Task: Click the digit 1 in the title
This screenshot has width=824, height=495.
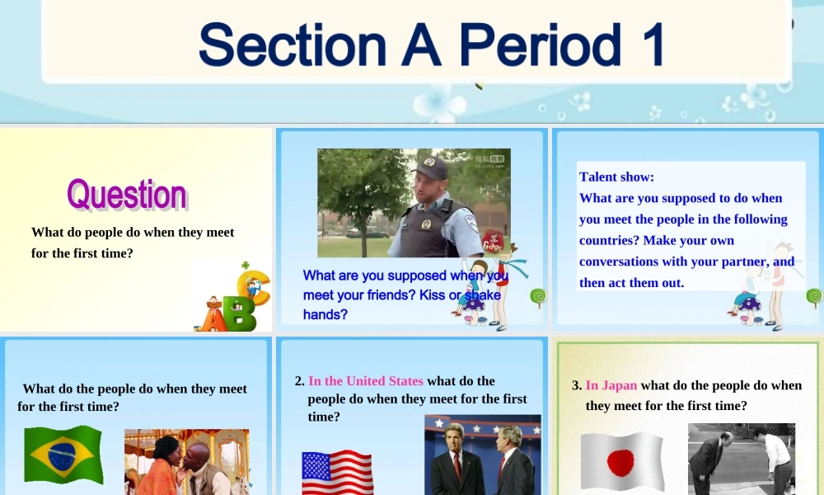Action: (653, 45)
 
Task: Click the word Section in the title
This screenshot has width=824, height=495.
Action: (293, 45)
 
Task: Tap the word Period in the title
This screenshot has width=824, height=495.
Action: (541, 45)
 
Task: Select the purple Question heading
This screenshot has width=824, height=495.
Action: (127, 195)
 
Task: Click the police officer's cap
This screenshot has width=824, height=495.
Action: (431, 166)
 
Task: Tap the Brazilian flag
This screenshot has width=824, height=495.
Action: (63, 454)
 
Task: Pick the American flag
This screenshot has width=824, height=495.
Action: (337, 472)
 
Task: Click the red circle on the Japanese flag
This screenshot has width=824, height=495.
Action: (620, 462)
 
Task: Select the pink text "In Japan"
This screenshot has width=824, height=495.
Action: (611, 385)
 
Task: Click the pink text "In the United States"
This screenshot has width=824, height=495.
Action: (366, 381)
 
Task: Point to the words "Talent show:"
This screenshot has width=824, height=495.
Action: (616, 177)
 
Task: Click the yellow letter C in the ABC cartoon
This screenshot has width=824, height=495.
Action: (254, 287)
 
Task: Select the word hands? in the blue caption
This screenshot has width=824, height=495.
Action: (325, 314)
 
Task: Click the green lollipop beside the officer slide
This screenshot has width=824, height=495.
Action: (539, 298)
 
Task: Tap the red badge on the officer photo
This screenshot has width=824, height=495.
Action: (493, 242)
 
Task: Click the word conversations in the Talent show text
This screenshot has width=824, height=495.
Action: (618, 262)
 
